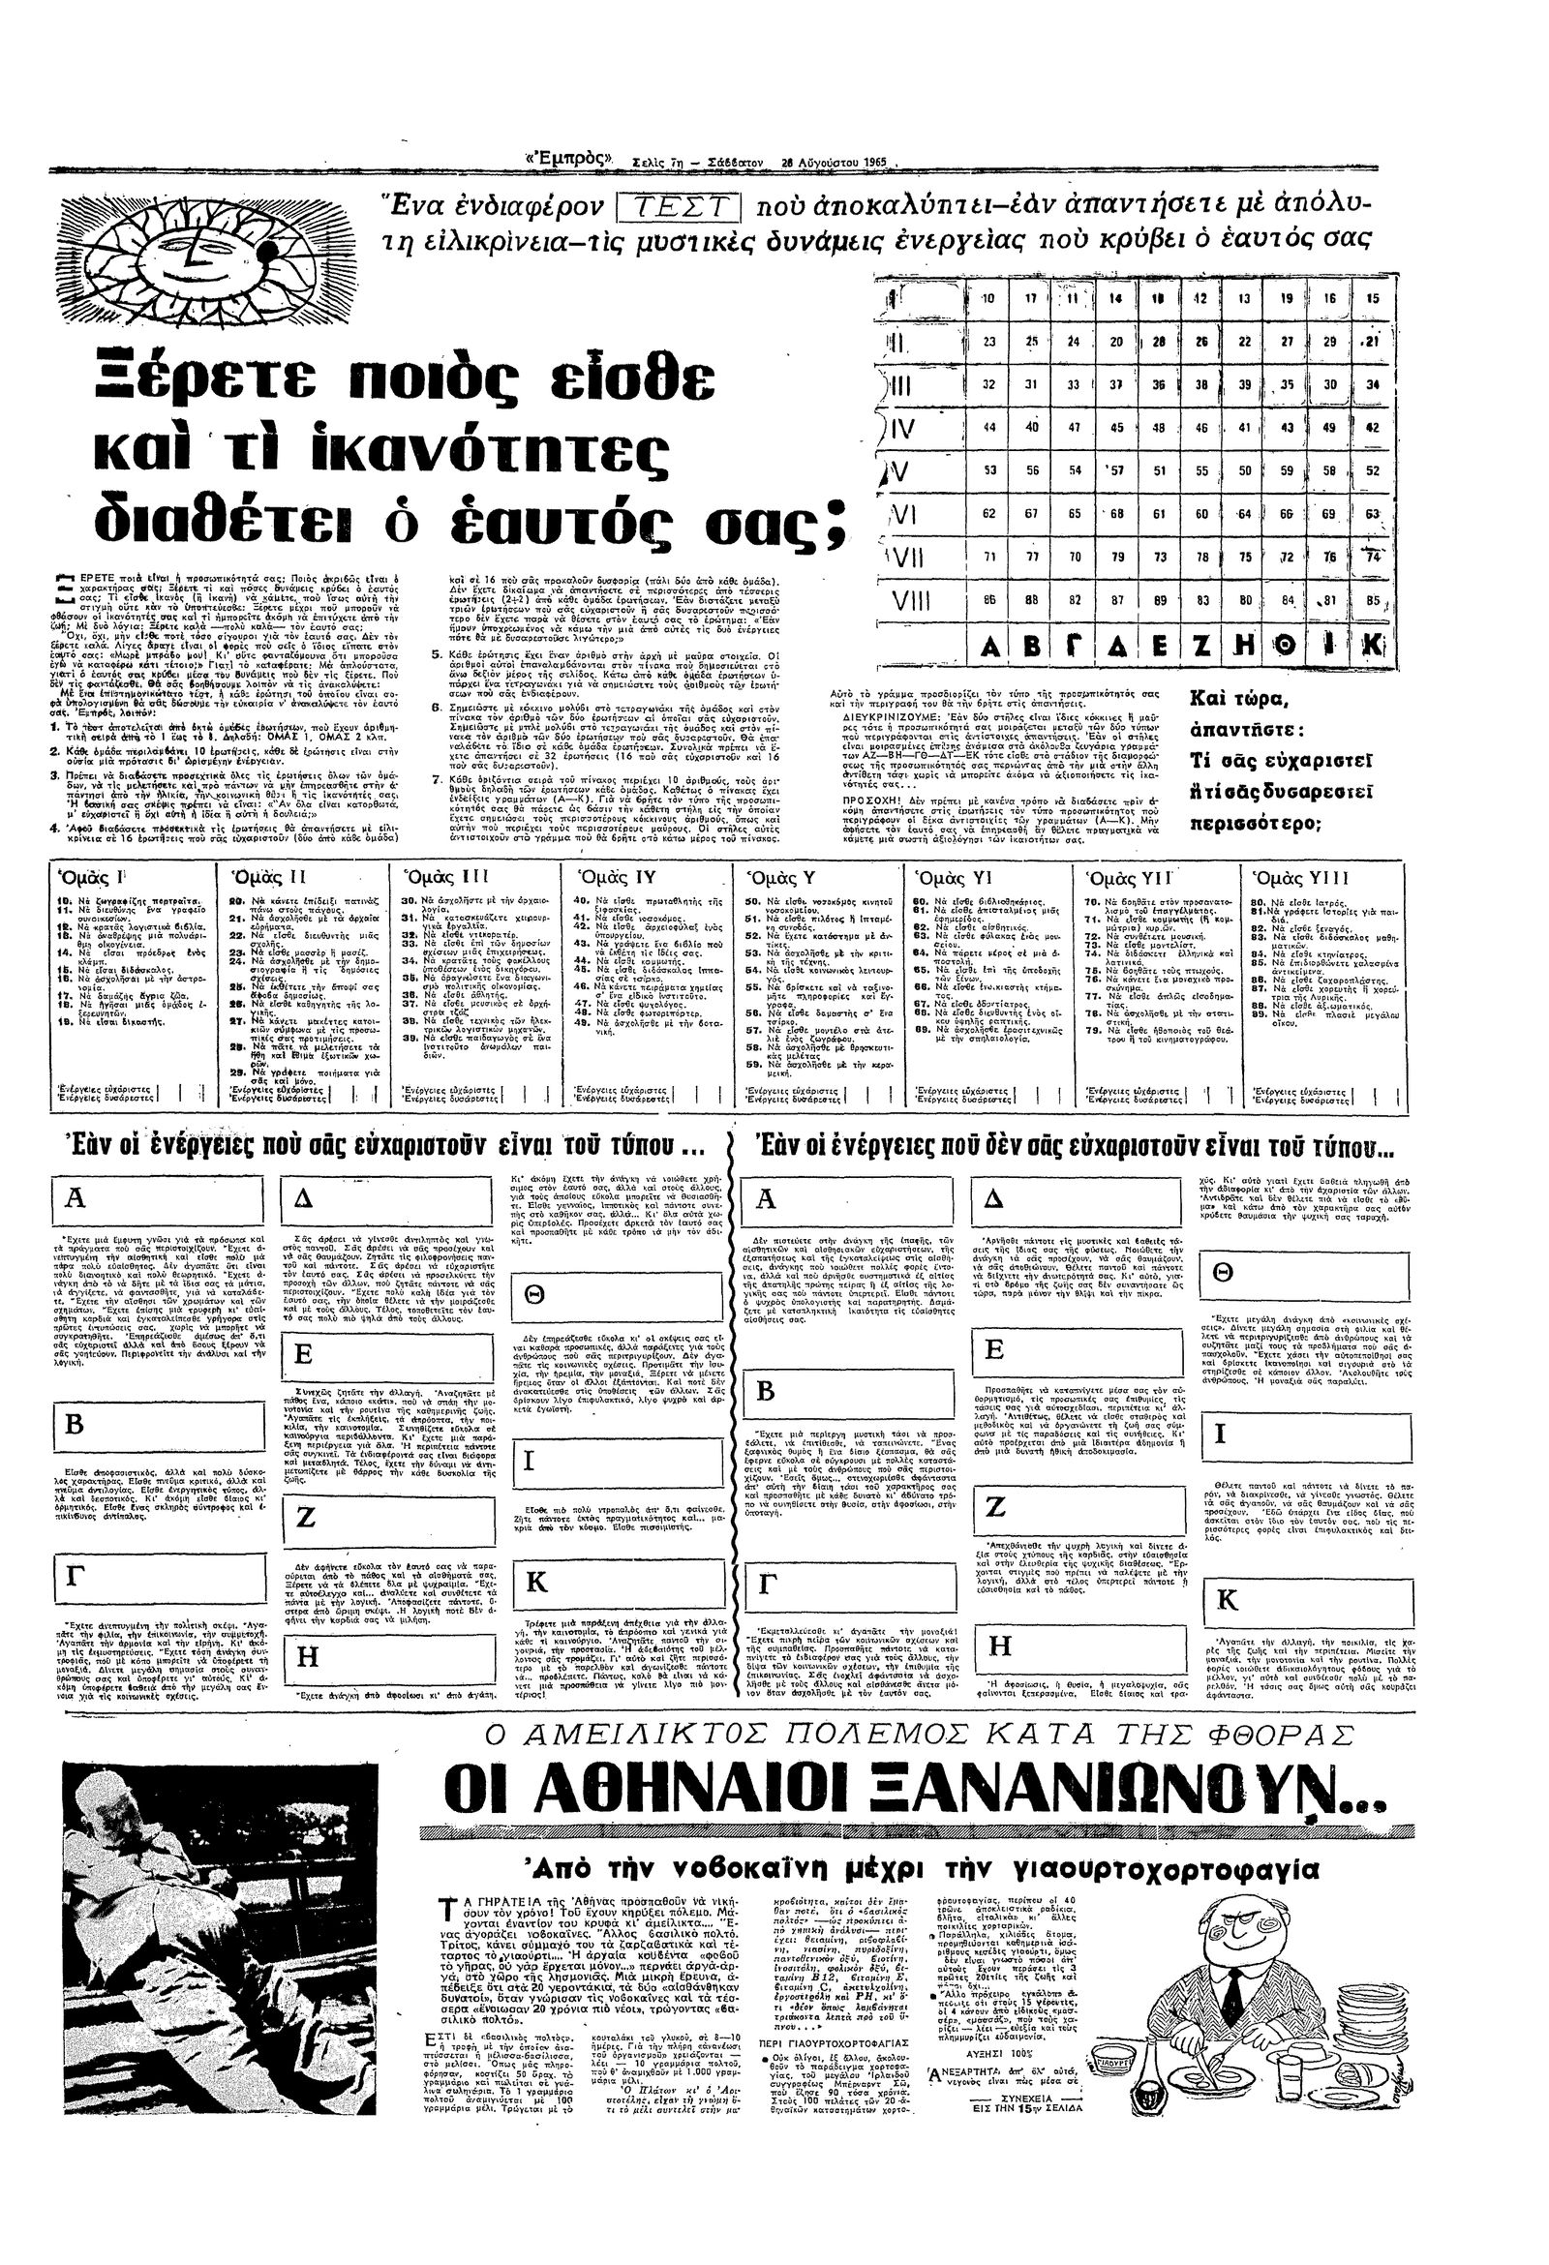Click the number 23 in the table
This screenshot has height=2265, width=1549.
(988, 342)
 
